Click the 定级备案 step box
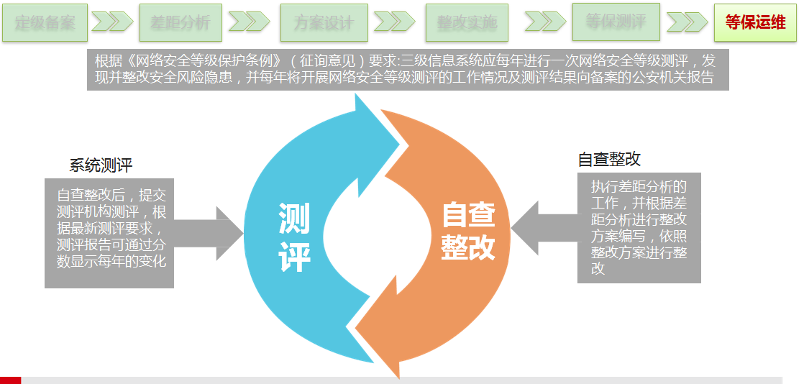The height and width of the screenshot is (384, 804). [45, 22]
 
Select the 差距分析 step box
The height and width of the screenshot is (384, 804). [181, 22]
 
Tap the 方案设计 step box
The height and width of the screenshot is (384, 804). [324, 22]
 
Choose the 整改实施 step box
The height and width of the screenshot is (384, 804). [466, 22]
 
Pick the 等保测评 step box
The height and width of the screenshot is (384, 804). [616, 22]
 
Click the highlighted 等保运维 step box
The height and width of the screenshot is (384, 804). [755, 22]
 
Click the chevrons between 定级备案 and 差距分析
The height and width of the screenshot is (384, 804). [111, 22]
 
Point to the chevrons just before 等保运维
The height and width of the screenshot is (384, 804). [687, 22]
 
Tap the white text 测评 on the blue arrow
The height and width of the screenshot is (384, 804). [294, 238]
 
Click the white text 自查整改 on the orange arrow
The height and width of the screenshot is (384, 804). [468, 231]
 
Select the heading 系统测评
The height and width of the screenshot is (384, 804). [101, 165]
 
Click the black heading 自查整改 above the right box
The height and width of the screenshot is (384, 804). [609, 159]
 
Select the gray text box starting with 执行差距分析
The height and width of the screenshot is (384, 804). [639, 227]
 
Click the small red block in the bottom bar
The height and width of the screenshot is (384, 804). [10, 380]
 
